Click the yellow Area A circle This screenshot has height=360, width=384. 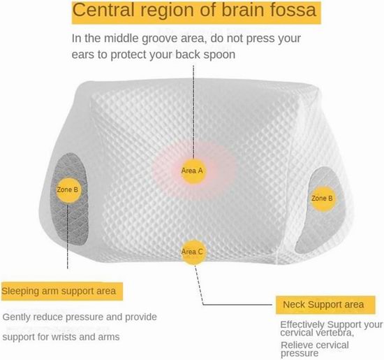[x=193, y=171]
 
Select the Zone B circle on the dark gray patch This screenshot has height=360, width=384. [x=68, y=190]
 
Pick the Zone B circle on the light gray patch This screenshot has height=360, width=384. [x=322, y=199]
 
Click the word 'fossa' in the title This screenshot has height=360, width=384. [x=293, y=10]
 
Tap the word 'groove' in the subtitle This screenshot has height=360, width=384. [x=158, y=39]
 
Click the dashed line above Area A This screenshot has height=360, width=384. [x=193, y=112]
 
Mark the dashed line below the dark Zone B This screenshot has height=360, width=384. [x=68, y=236]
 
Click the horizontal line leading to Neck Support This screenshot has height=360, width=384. [x=237, y=305]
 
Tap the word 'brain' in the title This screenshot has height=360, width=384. [x=242, y=10]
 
